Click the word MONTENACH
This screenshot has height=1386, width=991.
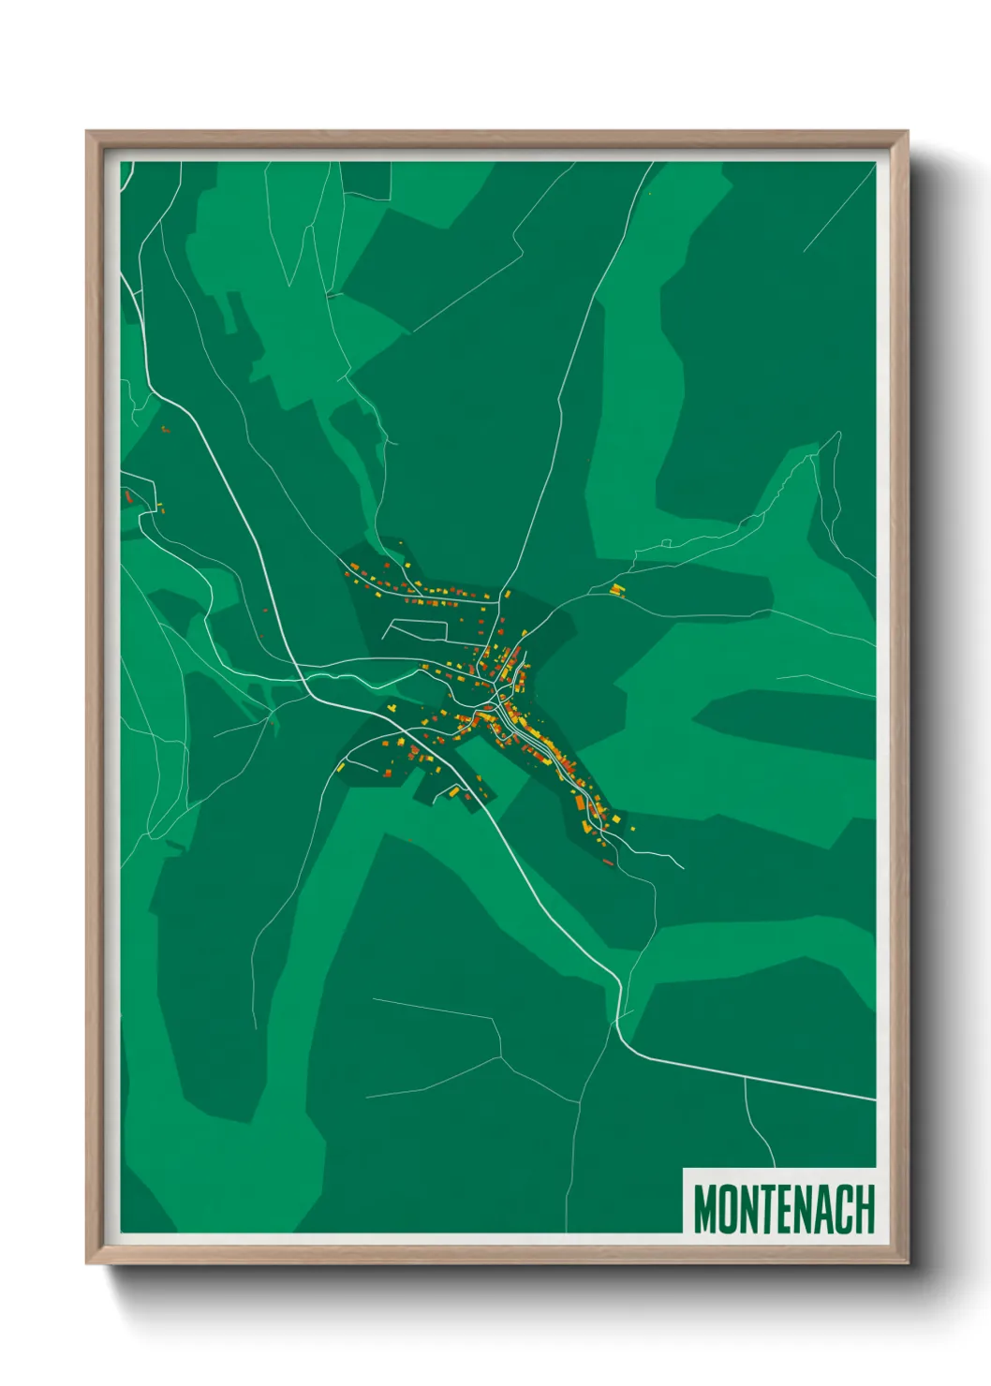pyautogui.click(x=783, y=1209)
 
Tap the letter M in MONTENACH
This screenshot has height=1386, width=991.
pyautogui.click(x=704, y=1209)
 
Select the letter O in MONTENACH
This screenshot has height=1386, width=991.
pyautogui.click(x=727, y=1209)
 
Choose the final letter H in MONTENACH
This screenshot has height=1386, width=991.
pyautogui.click(x=865, y=1209)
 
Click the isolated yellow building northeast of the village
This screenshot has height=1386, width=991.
pyautogui.click(x=616, y=589)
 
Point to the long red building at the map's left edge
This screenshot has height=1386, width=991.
pyautogui.click(x=127, y=496)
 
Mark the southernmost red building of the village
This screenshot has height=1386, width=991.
pyautogui.click(x=607, y=861)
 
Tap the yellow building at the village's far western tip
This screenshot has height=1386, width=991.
pyautogui.click(x=342, y=766)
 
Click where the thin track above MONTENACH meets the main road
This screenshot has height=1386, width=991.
pyautogui.click(x=745, y=1077)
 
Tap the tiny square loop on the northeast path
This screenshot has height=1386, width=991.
pyautogui.click(x=667, y=542)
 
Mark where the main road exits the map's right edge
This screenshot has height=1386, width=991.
pyautogui.click(x=875, y=1099)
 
